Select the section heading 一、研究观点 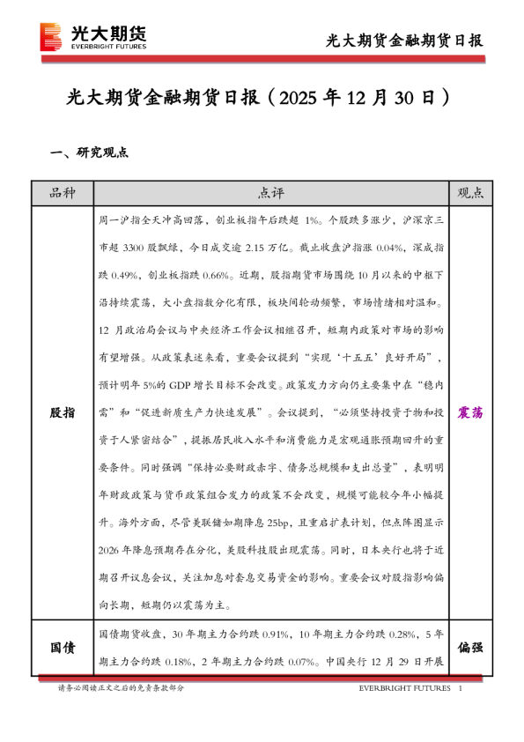[x=90, y=152]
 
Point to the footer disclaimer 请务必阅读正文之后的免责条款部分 [x=121, y=688]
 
